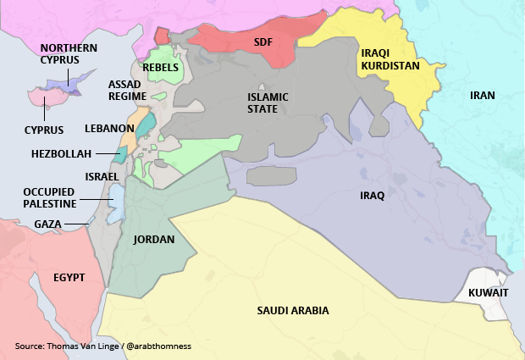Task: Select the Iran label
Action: click(482, 95)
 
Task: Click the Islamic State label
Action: click(268, 103)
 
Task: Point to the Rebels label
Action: click(161, 67)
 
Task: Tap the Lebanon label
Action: click(109, 129)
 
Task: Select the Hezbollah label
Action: click(60, 153)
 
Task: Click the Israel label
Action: click(102, 176)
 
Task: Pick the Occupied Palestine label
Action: click(50, 197)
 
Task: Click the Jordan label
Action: click(153, 240)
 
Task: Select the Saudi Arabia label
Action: click(293, 311)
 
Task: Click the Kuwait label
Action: click(488, 293)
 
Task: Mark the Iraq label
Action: click(372, 196)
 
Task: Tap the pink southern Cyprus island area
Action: click(44, 100)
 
